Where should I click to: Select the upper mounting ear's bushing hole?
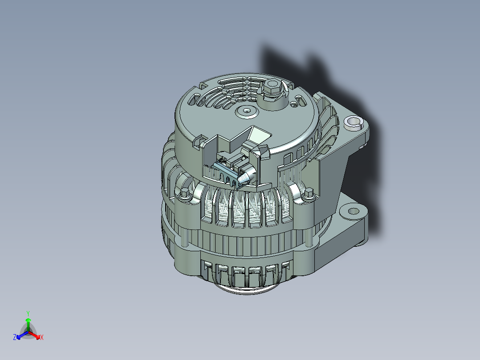click(353, 121)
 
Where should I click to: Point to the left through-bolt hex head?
click(184, 194)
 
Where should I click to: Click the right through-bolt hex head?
click(307, 193)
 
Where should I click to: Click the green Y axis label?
click(28, 313)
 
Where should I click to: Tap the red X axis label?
click(42, 338)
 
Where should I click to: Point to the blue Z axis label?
click(15, 338)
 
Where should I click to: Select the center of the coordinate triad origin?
click(28, 332)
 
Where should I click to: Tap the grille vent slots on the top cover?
click(223, 94)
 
